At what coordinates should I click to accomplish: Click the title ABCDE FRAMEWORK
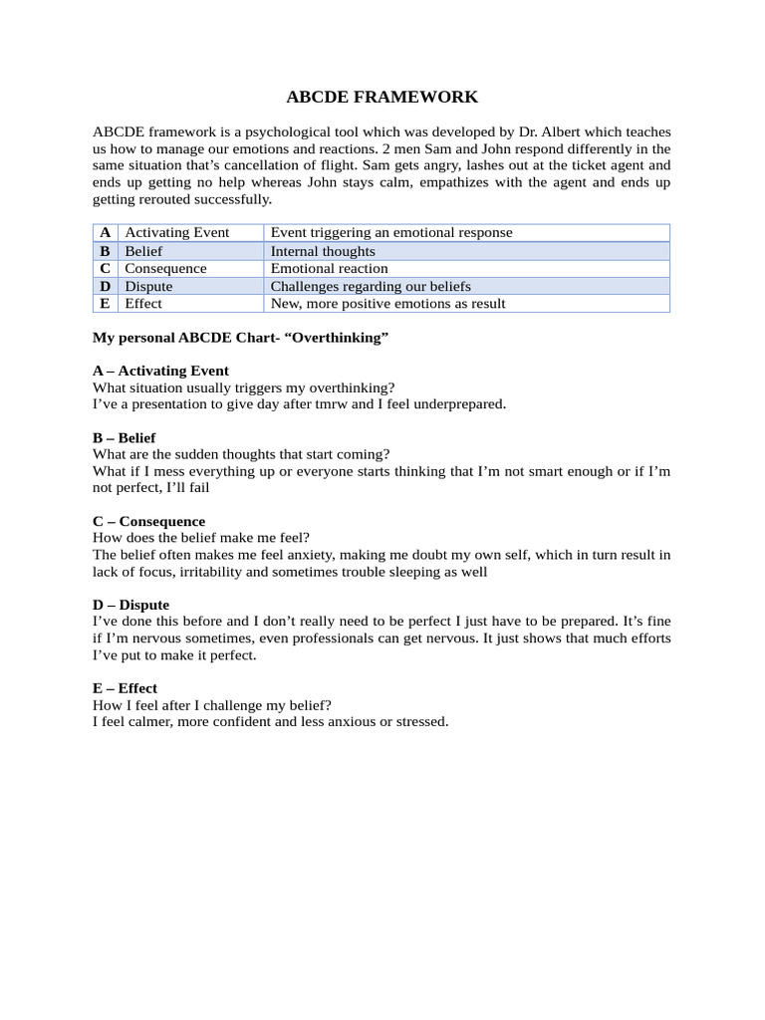click(382, 97)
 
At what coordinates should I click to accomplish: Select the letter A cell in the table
click(105, 232)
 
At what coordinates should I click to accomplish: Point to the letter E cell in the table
click(105, 303)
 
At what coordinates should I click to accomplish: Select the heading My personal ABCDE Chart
click(240, 338)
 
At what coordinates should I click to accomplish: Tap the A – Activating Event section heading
click(160, 371)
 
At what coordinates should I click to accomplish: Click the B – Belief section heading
click(124, 437)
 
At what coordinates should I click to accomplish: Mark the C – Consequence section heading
click(148, 521)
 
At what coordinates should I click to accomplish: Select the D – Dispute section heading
click(130, 605)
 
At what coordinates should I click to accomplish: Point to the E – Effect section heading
click(125, 688)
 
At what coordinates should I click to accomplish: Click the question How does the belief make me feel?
click(201, 537)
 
